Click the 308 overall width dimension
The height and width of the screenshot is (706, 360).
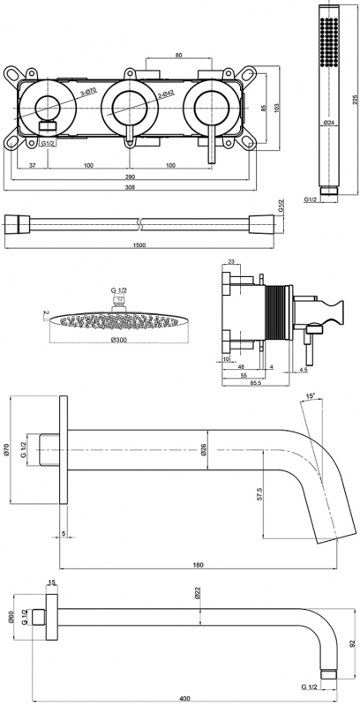(x=130, y=187)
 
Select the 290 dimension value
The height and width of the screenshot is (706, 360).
(x=130, y=176)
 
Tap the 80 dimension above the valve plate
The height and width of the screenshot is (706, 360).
(x=178, y=56)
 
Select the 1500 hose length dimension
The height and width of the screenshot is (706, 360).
(x=139, y=244)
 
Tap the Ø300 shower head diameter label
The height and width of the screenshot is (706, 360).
(x=118, y=339)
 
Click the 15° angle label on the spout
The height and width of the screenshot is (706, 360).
(x=310, y=396)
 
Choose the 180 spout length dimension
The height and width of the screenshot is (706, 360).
(x=199, y=565)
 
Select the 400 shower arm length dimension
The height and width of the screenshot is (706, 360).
(x=184, y=698)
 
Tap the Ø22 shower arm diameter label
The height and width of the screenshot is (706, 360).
(x=198, y=593)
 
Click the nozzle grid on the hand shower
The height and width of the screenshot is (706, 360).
(x=330, y=41)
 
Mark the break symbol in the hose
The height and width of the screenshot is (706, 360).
(x=140, y=222)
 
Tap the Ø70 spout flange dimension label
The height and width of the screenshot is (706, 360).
(x=6, y=449)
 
